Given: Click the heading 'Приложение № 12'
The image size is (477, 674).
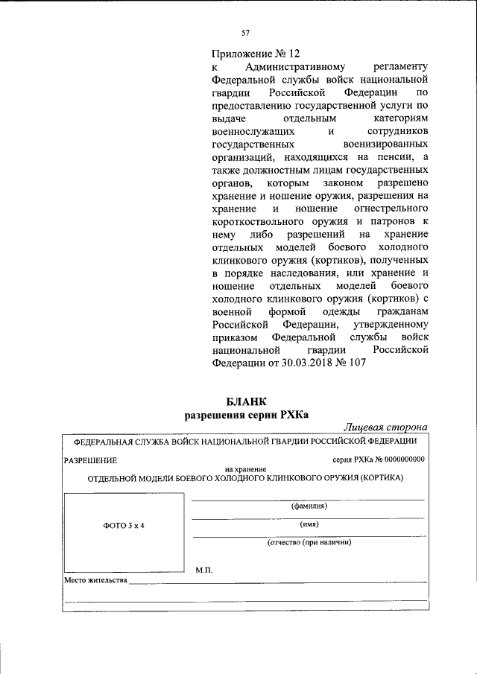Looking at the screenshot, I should pyautogui.click(x=255, y=54).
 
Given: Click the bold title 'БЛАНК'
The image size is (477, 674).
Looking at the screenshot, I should pyautogui.click(x=246, y=402).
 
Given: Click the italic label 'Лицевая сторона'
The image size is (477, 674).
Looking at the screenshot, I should pyautogui.click(x=385, y=427).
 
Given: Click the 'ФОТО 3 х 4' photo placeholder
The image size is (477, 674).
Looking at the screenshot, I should pyautogui.click(x=123, y=526).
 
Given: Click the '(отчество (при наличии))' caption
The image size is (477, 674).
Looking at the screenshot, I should pyautogui.click(x=309, y=542).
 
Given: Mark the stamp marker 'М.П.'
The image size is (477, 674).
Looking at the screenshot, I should pyautogui.click(x=204, y=570).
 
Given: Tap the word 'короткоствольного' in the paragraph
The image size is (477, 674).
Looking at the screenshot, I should pyautogui.click(x=273, y=221).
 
